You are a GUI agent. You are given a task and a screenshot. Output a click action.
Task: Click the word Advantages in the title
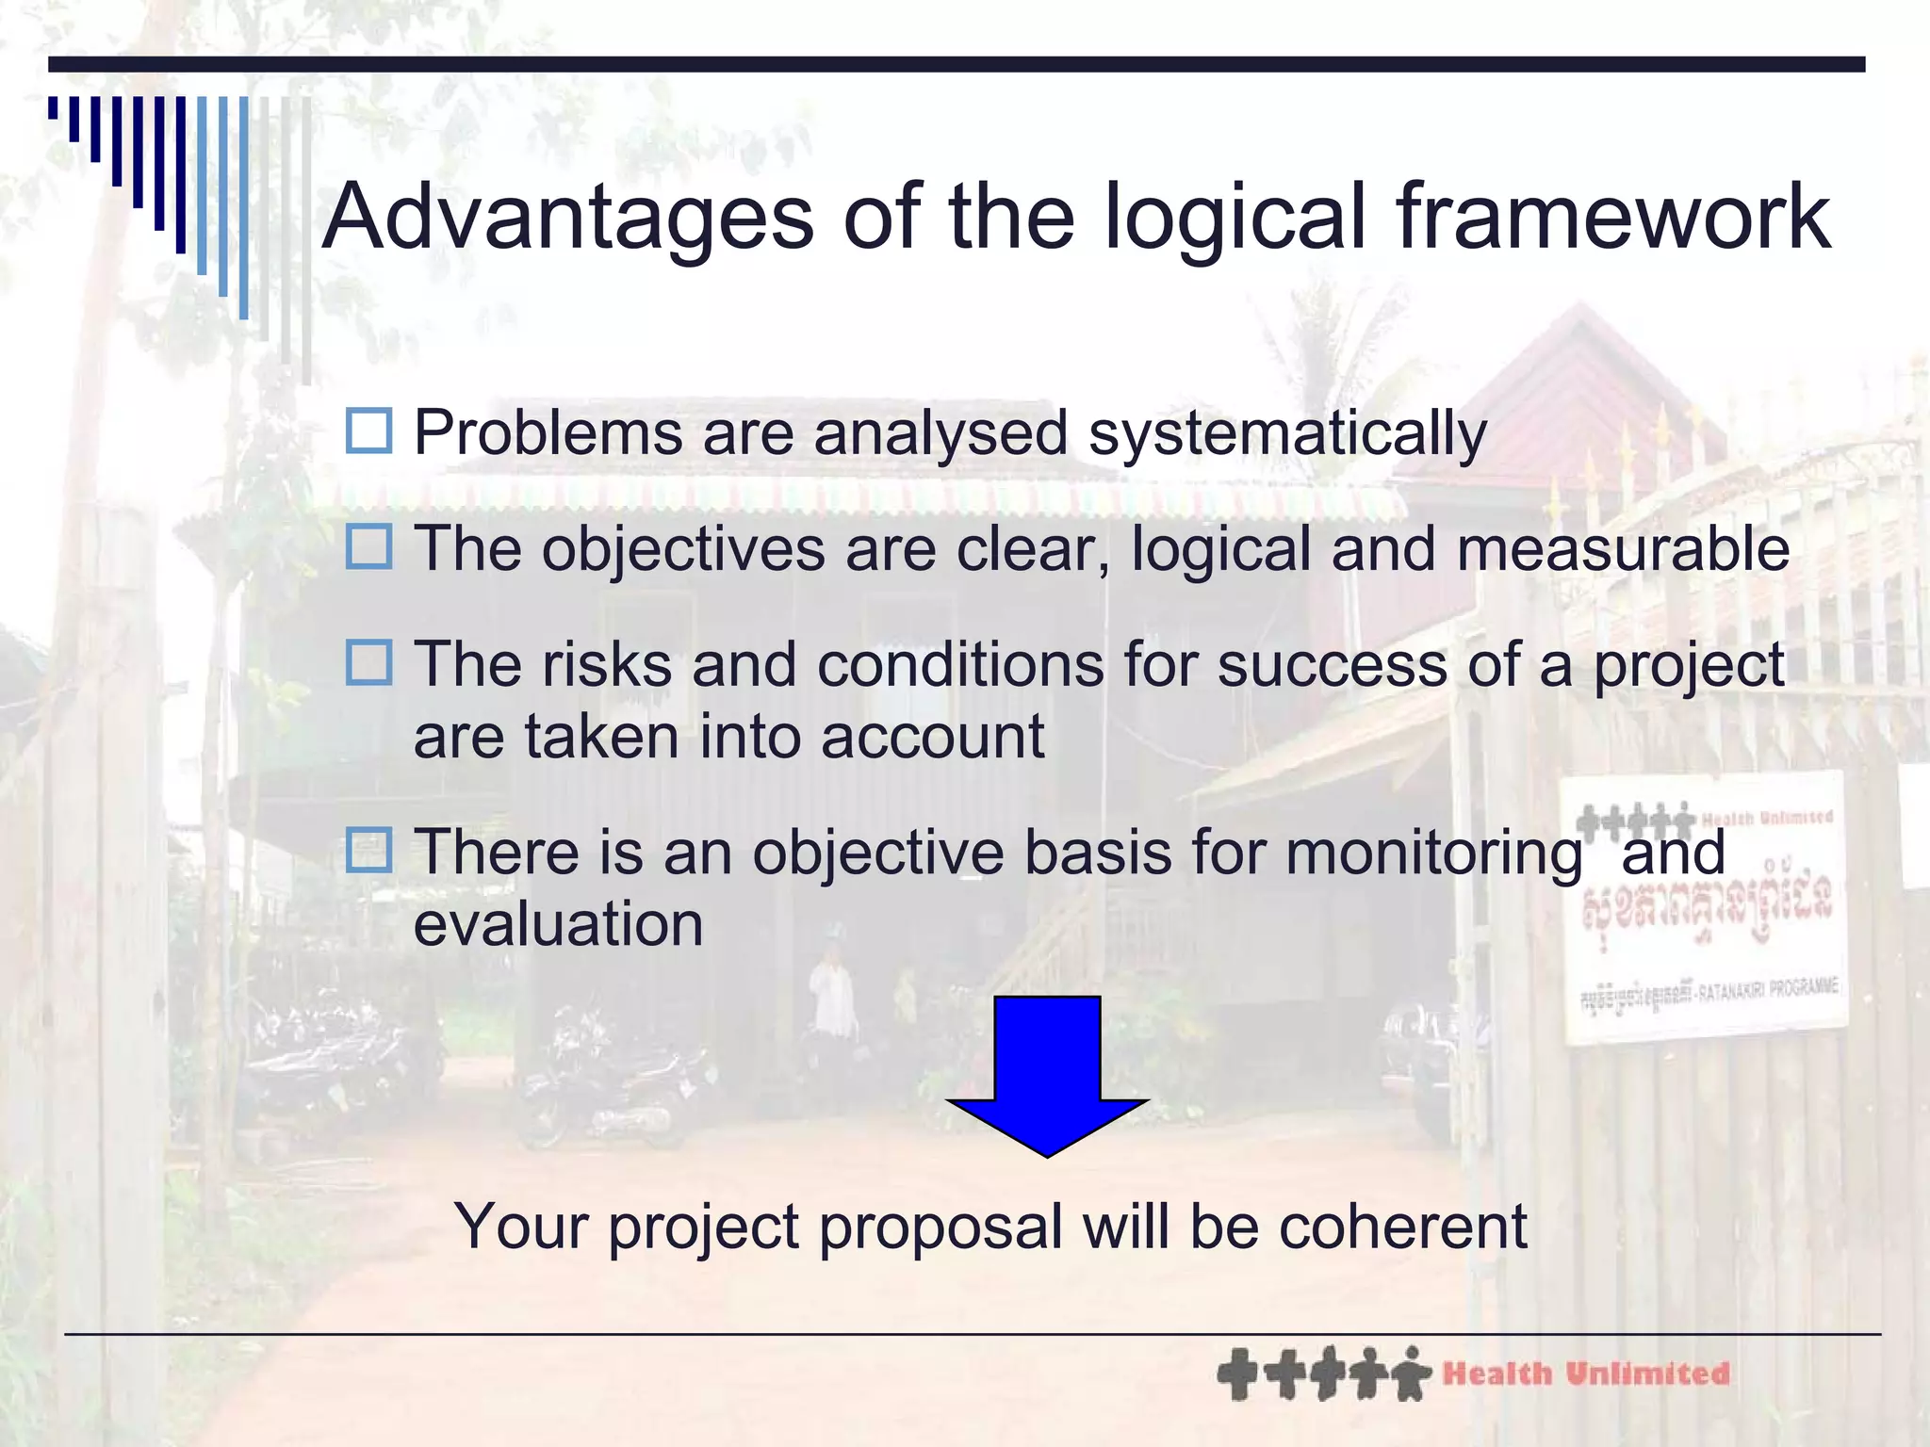click(x=568, y=218)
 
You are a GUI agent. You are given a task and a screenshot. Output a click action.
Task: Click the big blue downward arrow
click(x=1047, y=1074)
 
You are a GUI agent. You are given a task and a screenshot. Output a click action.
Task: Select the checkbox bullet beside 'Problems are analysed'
click(x=368, y=431)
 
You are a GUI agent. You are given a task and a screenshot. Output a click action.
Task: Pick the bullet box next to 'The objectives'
click(x=368, y=546)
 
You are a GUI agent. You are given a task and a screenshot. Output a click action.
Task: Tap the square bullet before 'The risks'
click(x=368, y=662)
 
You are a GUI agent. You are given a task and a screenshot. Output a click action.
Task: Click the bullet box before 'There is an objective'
click(x=368, y=849)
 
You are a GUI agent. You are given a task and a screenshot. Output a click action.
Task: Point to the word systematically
click(x=1287, y=435)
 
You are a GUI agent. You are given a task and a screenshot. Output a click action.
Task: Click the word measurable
click(x=1623, y=549)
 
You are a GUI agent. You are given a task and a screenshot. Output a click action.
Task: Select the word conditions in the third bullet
click(x=960, y=665)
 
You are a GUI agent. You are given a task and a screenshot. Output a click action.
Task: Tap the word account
click(x=932, y=737)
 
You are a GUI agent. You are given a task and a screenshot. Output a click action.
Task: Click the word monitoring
click(x=1433, y=854)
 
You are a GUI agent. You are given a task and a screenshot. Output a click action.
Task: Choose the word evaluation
click(x=558, y=924)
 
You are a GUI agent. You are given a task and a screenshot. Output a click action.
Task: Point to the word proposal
click(x=940, y=1228)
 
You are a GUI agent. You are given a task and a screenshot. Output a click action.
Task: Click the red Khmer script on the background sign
click(x=1707, y=905)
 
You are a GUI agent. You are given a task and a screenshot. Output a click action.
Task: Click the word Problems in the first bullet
click(x=548, y=433)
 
